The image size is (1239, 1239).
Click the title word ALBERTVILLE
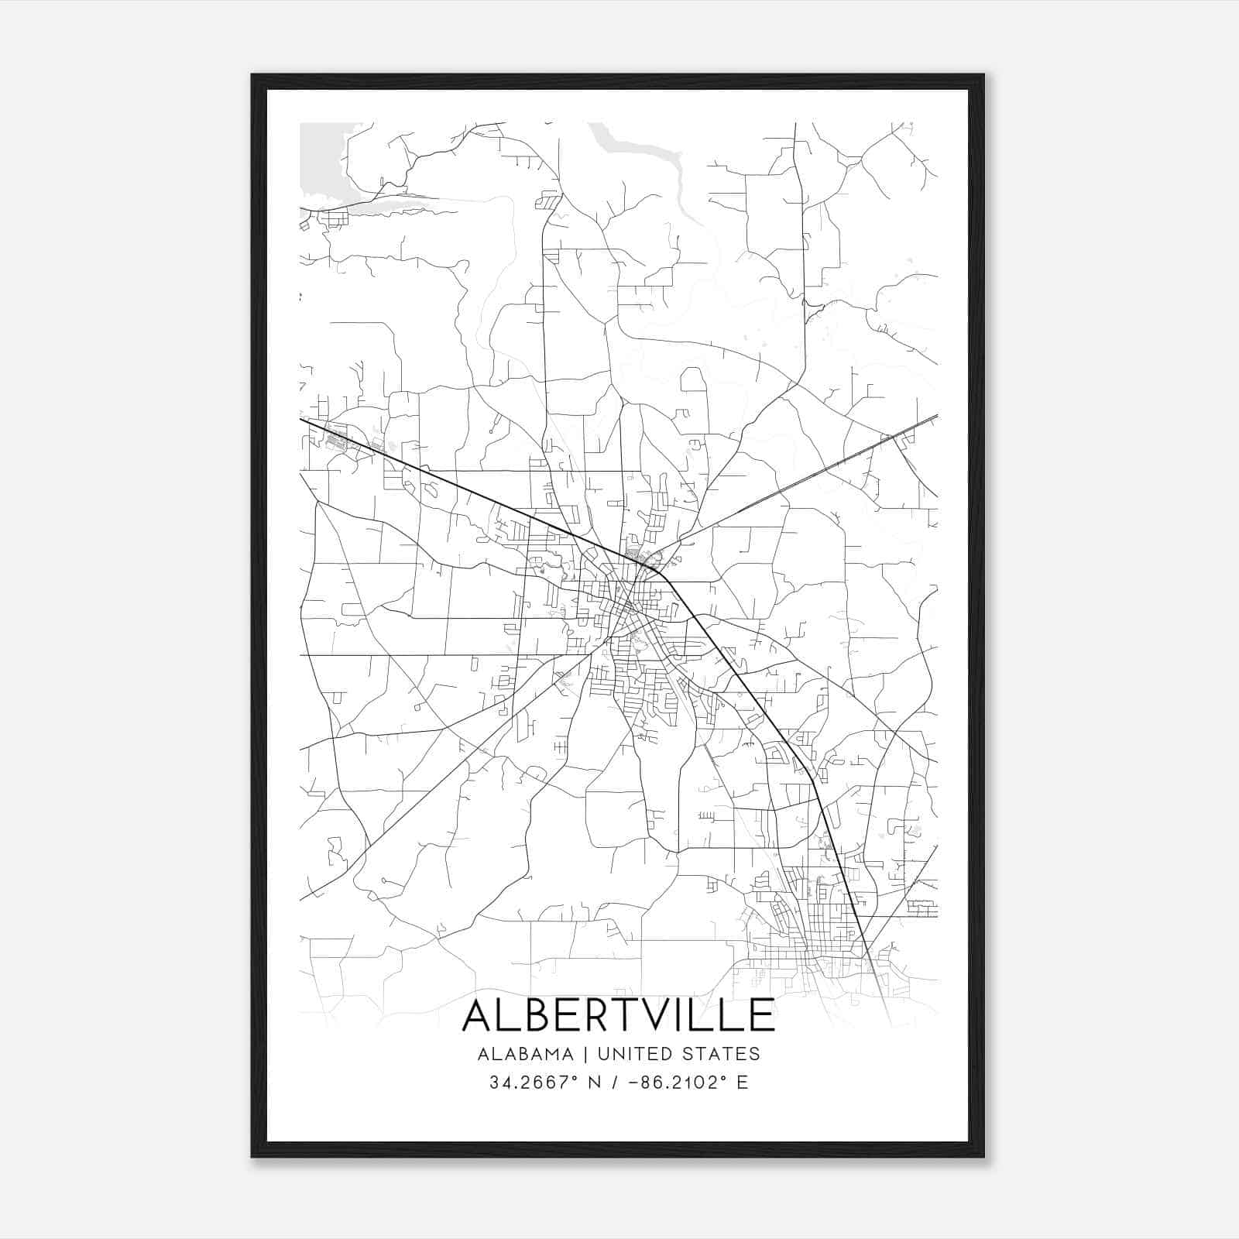618,1015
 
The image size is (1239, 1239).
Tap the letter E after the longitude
742,1083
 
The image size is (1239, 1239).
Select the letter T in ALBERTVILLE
630,1015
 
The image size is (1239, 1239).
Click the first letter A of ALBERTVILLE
479,1015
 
